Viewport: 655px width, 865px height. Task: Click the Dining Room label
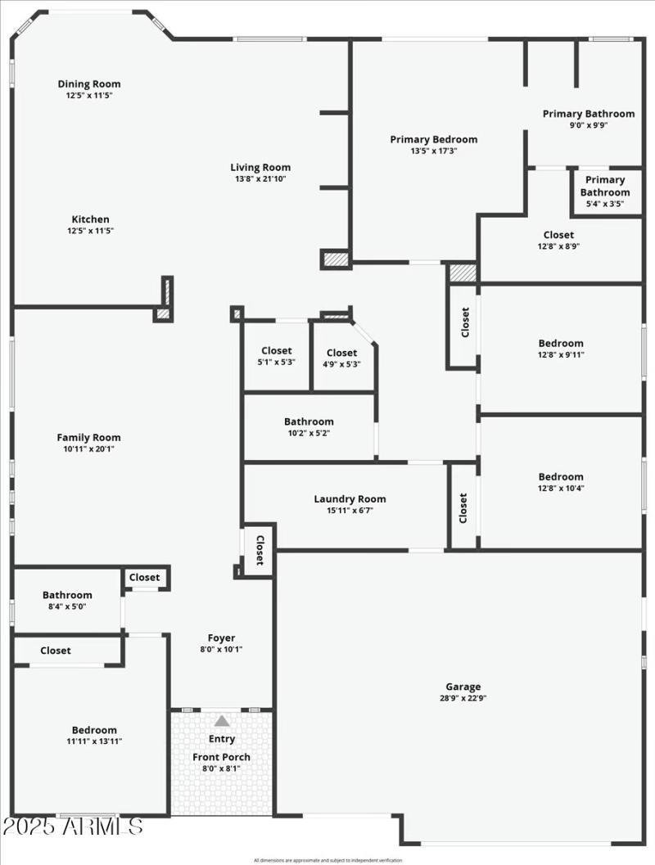(89, 83)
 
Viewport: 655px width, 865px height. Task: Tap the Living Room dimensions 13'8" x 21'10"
(260, 179)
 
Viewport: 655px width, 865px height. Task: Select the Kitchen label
(90, 219)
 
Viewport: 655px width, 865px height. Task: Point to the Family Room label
(88, 437)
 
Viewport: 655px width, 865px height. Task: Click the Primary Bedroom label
(433, 139)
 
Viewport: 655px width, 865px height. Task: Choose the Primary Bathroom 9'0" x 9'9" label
(588, 114)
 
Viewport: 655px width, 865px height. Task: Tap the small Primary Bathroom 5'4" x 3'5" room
(605, 191)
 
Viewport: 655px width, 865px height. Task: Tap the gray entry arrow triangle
(222, 721)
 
